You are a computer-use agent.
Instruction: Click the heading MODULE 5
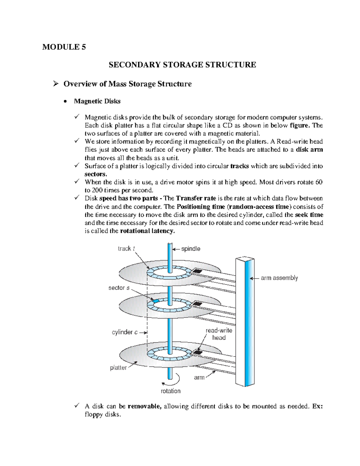click(x=64, y=47)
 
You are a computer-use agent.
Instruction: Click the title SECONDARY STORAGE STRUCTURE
click(x=182, y=65)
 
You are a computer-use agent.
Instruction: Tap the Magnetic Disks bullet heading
click(x=97, y=101)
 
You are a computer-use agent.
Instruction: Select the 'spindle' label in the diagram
click(x=190, y=249)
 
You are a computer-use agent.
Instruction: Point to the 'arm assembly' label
click(x=279, y=278)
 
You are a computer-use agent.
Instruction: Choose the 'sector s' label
click(x=119, y=288)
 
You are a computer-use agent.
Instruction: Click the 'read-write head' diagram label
click(x=219, y=334)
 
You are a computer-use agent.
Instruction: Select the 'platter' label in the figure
click(x=118, y=368)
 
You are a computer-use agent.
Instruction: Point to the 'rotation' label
click(x=171, y=391)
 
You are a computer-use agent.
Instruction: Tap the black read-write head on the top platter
click(x=197, y=271)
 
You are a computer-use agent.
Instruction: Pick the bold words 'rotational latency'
click(x=147, y=231)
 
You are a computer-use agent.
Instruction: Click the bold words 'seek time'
click(x=309, y=215)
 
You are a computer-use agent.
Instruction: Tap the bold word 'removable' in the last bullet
click(x=145, y=407)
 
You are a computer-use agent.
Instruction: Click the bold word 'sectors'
click(x=95, y=174)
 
